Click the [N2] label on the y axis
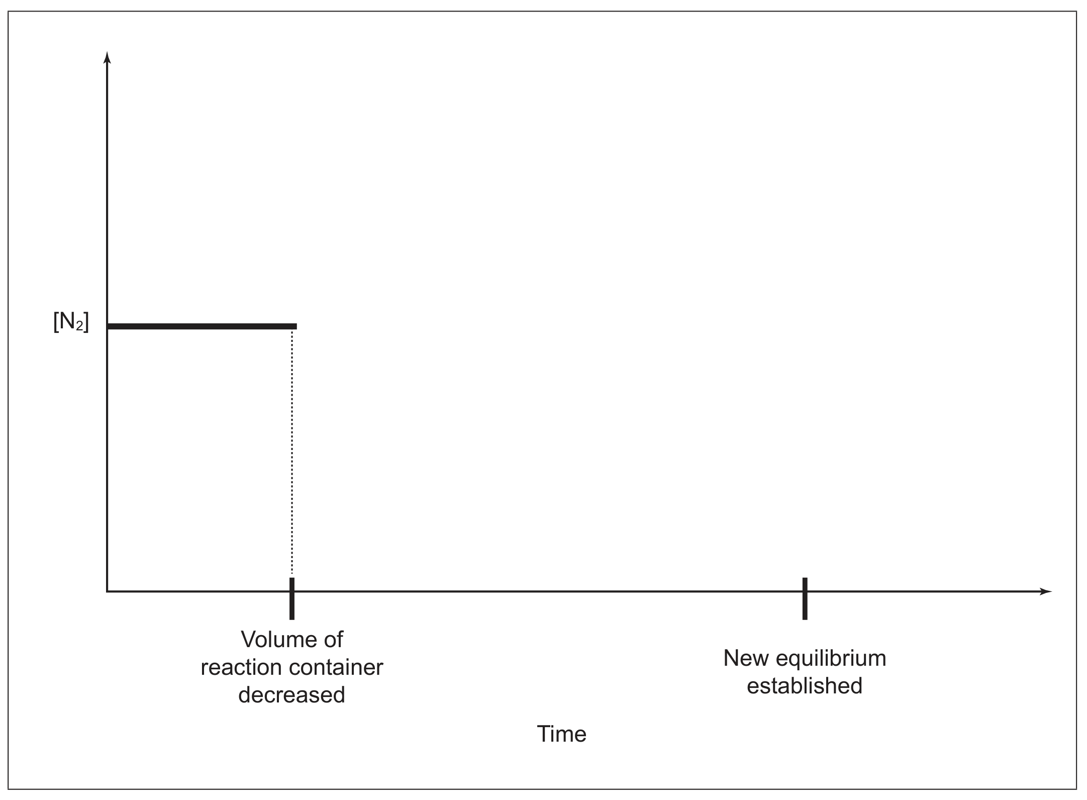click(71, 323)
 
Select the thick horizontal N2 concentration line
click(202, 326)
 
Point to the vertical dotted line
click(292, 453)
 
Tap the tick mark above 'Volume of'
click(292, 598)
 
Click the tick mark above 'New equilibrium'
click(805, 598)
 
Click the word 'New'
click(744, 658)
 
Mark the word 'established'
click(805, 686)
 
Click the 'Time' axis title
click(561, 734)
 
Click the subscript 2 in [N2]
click(79, 327)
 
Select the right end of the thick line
click(297, 326)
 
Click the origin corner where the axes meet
click(107, 591)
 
